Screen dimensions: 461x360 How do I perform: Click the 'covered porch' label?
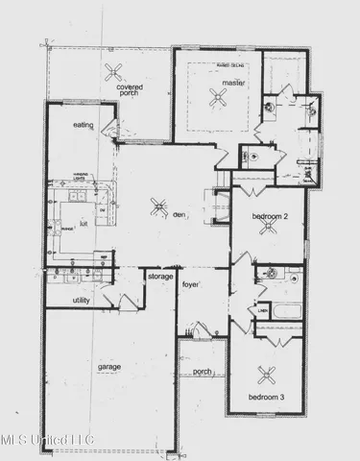(131, 90)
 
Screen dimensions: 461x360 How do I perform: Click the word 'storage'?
(160, 277)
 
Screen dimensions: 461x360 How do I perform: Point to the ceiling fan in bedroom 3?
(262, 376)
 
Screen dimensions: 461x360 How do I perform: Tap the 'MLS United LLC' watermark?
(48, 441)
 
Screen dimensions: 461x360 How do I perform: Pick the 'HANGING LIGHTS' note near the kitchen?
(84, 176)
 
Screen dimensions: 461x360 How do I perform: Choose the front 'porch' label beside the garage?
(202, 371)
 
